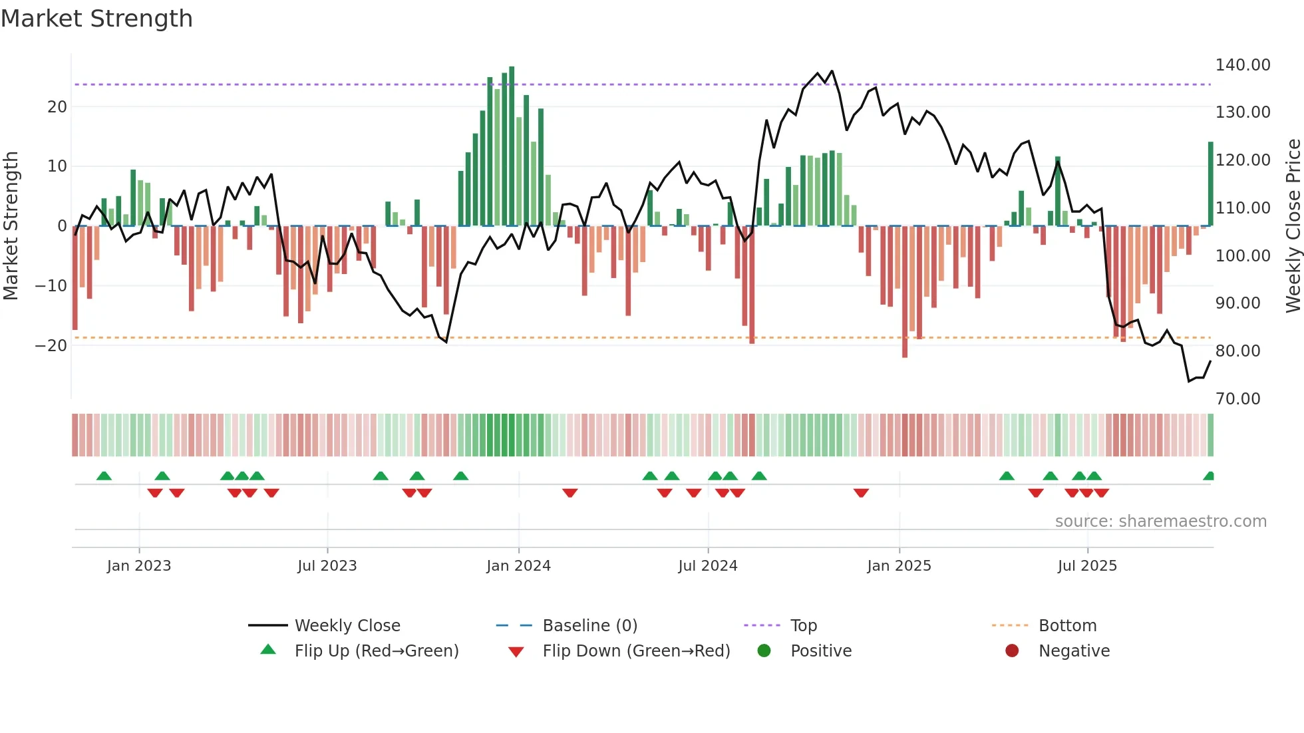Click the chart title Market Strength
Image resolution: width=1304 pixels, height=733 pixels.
[96, 19]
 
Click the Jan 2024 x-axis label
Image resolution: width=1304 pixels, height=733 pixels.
[518, 565]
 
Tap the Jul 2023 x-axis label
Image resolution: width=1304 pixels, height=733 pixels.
[327, 565]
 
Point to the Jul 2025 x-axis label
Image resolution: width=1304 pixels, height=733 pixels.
[1087, 565]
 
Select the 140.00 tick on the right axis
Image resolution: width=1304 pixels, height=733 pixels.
[1242, 65]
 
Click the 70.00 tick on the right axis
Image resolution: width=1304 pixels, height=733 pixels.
[1237, 398]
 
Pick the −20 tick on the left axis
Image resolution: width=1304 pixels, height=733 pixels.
[51, 345]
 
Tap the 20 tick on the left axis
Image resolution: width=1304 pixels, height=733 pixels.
[57, 106]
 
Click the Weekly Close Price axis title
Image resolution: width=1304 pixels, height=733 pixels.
[1293, 225]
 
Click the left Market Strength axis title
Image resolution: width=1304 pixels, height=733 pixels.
[11, 225]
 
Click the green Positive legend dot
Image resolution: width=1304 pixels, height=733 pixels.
[764, 651]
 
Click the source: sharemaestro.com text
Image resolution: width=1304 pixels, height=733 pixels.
[1160, 521]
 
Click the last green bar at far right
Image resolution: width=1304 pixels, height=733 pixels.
[1210, 184]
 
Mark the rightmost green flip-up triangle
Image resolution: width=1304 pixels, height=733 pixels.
[1209, 476]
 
